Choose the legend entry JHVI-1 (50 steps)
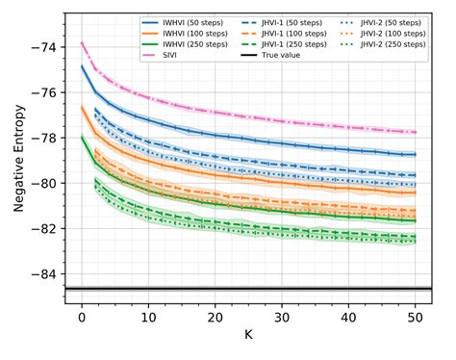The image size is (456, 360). pos(278,20)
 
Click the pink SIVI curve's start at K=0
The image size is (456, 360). pos(82,42)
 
